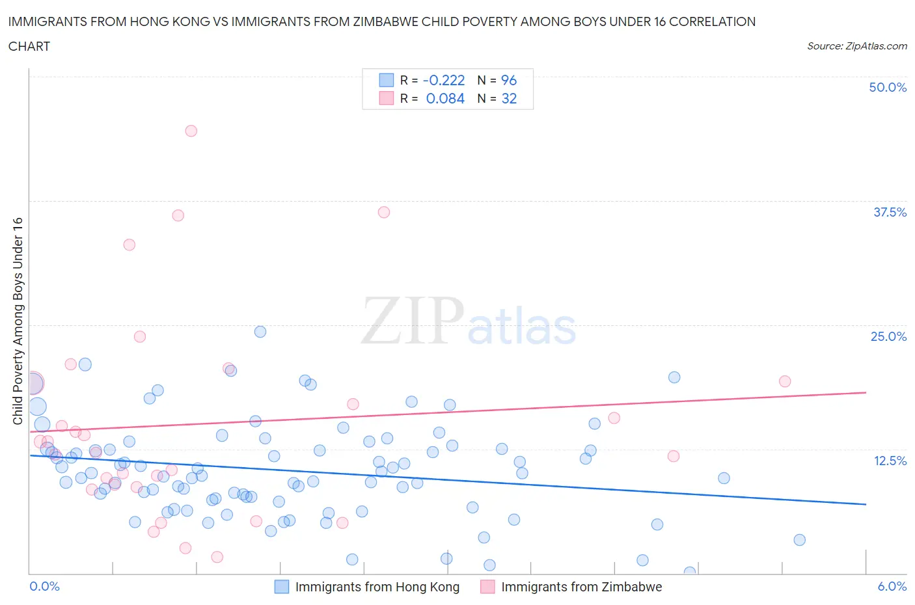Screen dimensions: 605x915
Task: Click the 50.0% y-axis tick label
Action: [887, 87]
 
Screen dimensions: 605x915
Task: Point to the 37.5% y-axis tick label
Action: [889, 212]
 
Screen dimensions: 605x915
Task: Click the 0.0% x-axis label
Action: [44, 586]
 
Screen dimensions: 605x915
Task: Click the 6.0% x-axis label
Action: [892, 586]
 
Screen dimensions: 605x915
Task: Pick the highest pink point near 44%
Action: [191, 131]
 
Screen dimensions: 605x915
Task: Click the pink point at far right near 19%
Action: [785, 381]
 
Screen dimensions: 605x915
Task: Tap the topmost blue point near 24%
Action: [260, 332]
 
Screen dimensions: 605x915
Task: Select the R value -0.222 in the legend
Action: [444, 80]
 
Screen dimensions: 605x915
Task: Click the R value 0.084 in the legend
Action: [445, 98]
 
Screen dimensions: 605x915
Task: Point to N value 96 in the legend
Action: [508, 80]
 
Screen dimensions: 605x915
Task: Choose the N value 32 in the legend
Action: [508, 98]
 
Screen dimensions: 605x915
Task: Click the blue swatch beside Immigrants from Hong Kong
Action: [281, 587]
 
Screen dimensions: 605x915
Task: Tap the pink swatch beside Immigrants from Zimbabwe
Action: [487, 587]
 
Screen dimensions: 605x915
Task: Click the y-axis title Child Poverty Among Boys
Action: [18, 321]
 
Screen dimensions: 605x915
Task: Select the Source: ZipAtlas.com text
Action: [856, 46]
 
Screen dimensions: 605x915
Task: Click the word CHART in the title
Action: [29, 46]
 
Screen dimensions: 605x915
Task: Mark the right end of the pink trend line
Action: [866, 392]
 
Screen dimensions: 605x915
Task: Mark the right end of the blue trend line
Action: [866, 504]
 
